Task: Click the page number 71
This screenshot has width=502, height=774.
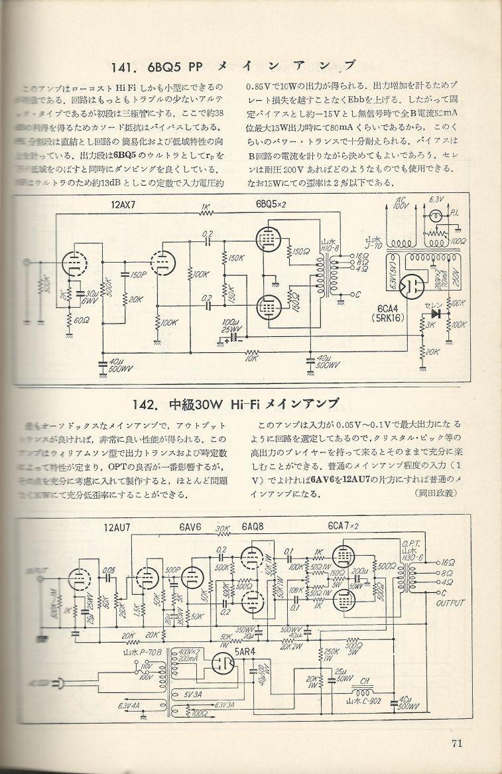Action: click(x=456, y=743)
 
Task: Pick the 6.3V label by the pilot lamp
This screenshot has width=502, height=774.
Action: click(x=436, y=199)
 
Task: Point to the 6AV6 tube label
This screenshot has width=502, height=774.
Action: click(x=190, y=529)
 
